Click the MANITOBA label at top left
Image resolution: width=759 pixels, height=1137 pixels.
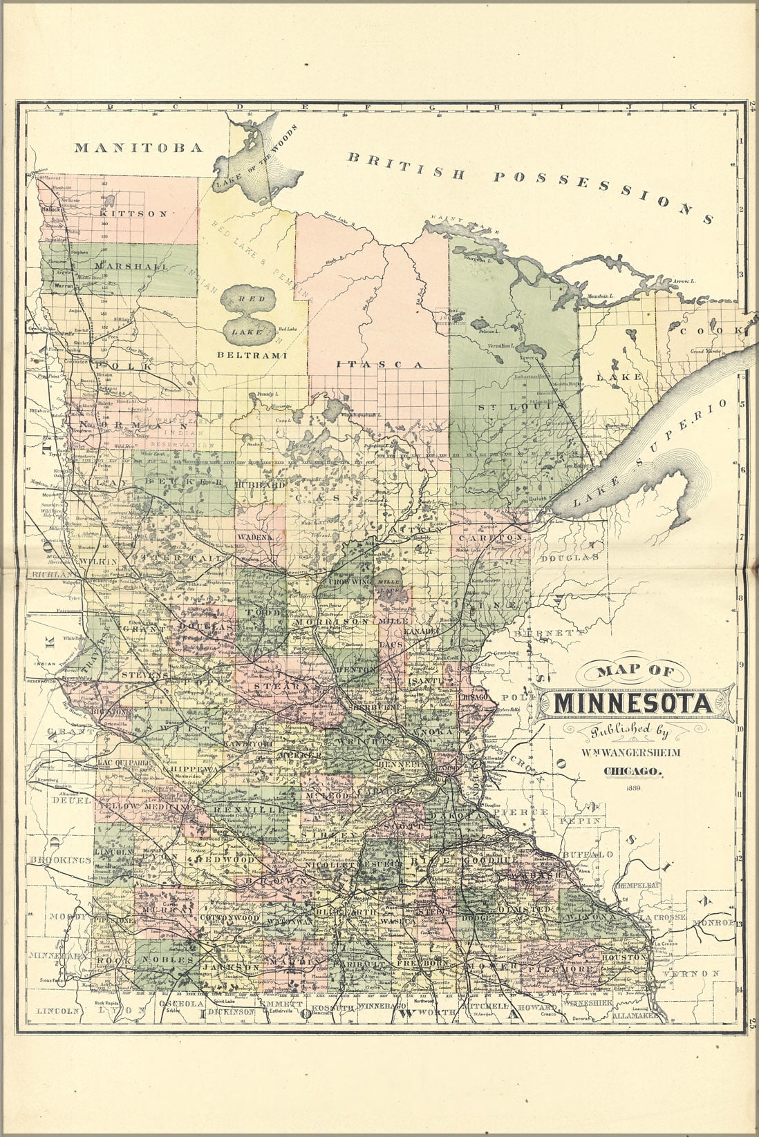(138, 147)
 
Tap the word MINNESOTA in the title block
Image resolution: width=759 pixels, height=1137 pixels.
(633, 704)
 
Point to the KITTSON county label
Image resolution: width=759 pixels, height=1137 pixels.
(133, 214)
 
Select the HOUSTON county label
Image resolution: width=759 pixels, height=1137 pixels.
(624, 958)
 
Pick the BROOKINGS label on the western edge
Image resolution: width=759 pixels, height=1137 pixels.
(61, 860)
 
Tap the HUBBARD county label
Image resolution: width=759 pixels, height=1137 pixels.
(259, 486)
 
